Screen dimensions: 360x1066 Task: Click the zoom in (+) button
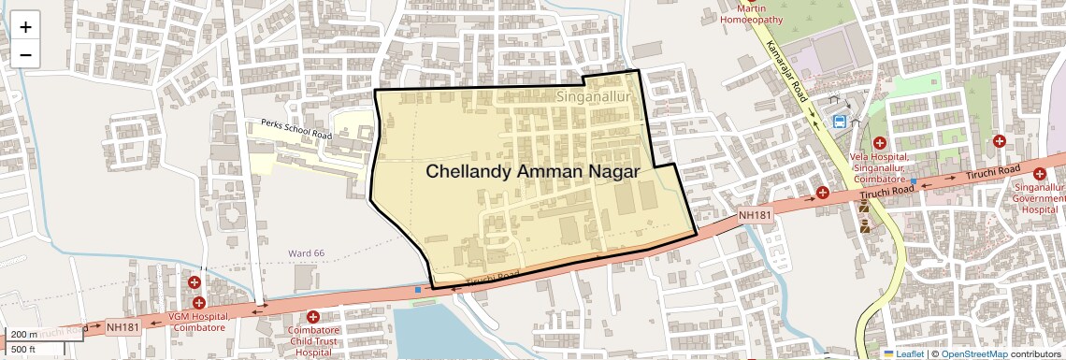pyautogui.click(x=25, y=27)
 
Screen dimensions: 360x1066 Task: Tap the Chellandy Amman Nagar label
pyautogui.click(x=532, y=172)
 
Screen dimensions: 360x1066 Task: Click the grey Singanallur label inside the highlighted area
pyautogui.click(x=595, y=96)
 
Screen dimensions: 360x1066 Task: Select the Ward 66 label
pyautogui.click(x=306, y=253)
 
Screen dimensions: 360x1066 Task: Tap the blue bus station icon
pyautogui.click(x=840, y=121)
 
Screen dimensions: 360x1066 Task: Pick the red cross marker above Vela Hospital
pyautogui.click(x=880, y=143)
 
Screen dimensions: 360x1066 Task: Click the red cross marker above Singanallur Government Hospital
pyautogui.click(x=1039, y=173)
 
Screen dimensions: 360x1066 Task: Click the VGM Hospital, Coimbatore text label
pyautogui.click(x=197, y=323)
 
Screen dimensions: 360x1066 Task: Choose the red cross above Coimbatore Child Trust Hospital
pyautogui.click(x=312, y=318)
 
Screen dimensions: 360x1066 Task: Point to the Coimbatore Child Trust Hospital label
pyautogui.click(x=313, y=341)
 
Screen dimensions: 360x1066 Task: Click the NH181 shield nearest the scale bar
pyautogui.click(x=122, y=326)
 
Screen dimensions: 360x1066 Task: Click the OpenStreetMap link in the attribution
pyautogui.click(x=973, y=354)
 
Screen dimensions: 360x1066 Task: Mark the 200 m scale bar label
pyautogui.click(x=23, y=335)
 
